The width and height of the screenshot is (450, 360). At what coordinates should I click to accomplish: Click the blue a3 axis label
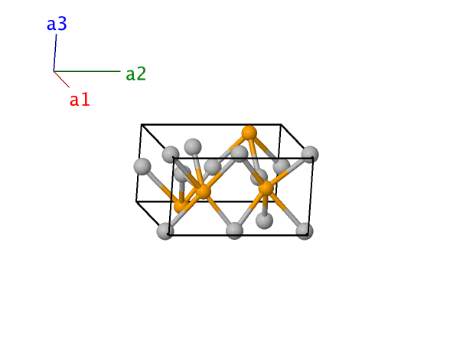click(x=57, y=24)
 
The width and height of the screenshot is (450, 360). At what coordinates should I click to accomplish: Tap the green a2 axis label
click(x=136, y=74)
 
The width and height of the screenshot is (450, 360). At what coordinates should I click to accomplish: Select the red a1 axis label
click(x=80, y=100)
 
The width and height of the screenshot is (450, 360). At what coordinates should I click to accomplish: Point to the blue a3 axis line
click(x=55, y=53)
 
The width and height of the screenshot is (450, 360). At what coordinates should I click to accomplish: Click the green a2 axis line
click(x=87, y=71)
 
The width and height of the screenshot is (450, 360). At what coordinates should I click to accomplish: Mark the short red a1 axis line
click(x=61, y=79)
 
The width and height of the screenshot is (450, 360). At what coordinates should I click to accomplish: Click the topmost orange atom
click(x=249, y=133)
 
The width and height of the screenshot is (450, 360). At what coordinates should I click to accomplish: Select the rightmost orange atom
click(x=266, y=188)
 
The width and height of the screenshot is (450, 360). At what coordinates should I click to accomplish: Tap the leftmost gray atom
click(x=142, y=166)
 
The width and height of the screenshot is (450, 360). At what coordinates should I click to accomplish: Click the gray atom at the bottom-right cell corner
click(x=305, y=231)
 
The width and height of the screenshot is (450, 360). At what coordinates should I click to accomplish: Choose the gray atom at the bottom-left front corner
click(x=165, y=231)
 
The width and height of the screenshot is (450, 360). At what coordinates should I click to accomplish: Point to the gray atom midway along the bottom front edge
click(x=234, y=231)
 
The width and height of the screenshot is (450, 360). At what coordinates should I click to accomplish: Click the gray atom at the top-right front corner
click(x=310, y=154)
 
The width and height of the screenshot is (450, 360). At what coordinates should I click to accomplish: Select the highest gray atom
click(x=193, y=147)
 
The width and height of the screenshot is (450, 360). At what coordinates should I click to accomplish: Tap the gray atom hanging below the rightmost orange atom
click(x=264, y=221)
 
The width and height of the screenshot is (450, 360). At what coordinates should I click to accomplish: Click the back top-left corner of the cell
click(x=142, y=124)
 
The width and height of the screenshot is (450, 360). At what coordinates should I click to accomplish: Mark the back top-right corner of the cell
click(x=281, y=124)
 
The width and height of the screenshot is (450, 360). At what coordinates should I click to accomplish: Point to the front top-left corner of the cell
click(x=173, y=158)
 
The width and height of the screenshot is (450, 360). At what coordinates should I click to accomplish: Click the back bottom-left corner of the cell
click(x=136, y=201)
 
